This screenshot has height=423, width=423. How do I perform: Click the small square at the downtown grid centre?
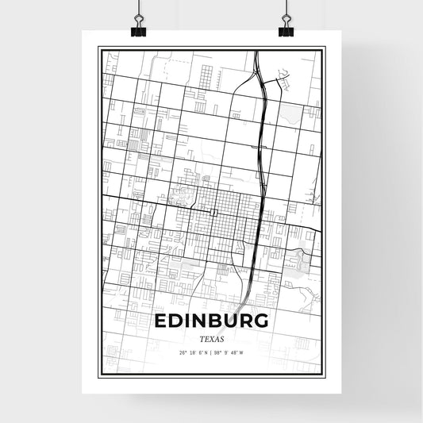click(x=215, y=212)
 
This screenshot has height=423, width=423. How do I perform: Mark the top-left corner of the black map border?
click(x=98, y=48)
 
